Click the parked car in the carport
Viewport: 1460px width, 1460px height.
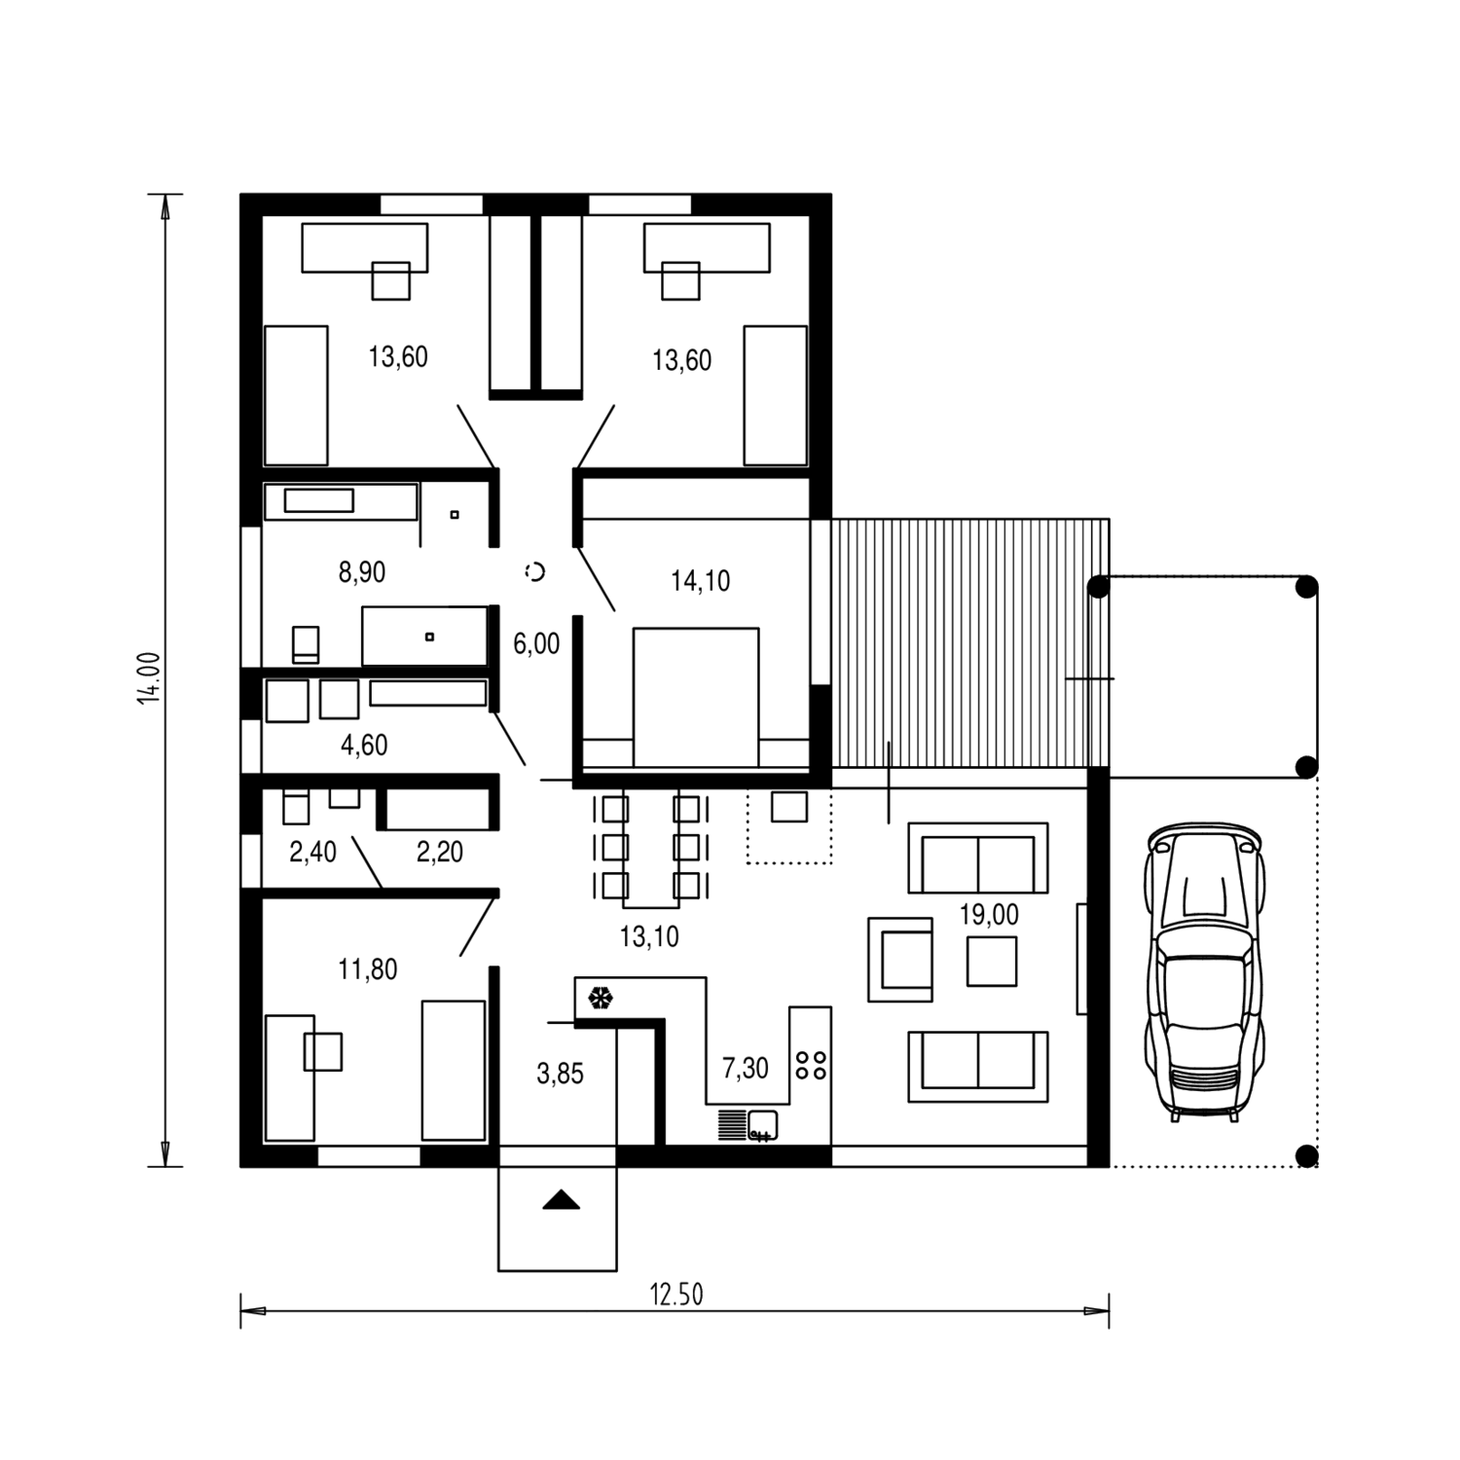1206,971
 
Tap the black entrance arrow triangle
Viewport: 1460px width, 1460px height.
561,1200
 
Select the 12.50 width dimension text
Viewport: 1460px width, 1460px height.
675,1295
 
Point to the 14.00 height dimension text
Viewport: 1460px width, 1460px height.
150,677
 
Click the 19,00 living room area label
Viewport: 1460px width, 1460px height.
989,915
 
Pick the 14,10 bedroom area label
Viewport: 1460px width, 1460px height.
700,581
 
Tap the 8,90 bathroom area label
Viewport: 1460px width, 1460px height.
362,572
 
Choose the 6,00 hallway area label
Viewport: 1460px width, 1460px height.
536,643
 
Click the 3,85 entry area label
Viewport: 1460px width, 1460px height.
560,1074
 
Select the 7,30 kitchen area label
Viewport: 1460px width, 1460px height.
745,1068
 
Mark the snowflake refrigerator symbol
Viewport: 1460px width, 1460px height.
601,998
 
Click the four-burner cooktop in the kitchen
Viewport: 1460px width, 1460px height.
811,1064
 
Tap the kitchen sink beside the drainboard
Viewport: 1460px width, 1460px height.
762,1124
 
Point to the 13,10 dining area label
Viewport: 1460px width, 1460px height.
649,936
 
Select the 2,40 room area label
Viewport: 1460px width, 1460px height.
312,852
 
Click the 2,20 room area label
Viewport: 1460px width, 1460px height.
439,852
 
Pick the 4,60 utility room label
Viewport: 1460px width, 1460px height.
364,745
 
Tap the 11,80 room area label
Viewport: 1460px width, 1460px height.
367,969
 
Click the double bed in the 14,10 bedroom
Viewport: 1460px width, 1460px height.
696,697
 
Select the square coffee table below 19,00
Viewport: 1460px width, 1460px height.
992,962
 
